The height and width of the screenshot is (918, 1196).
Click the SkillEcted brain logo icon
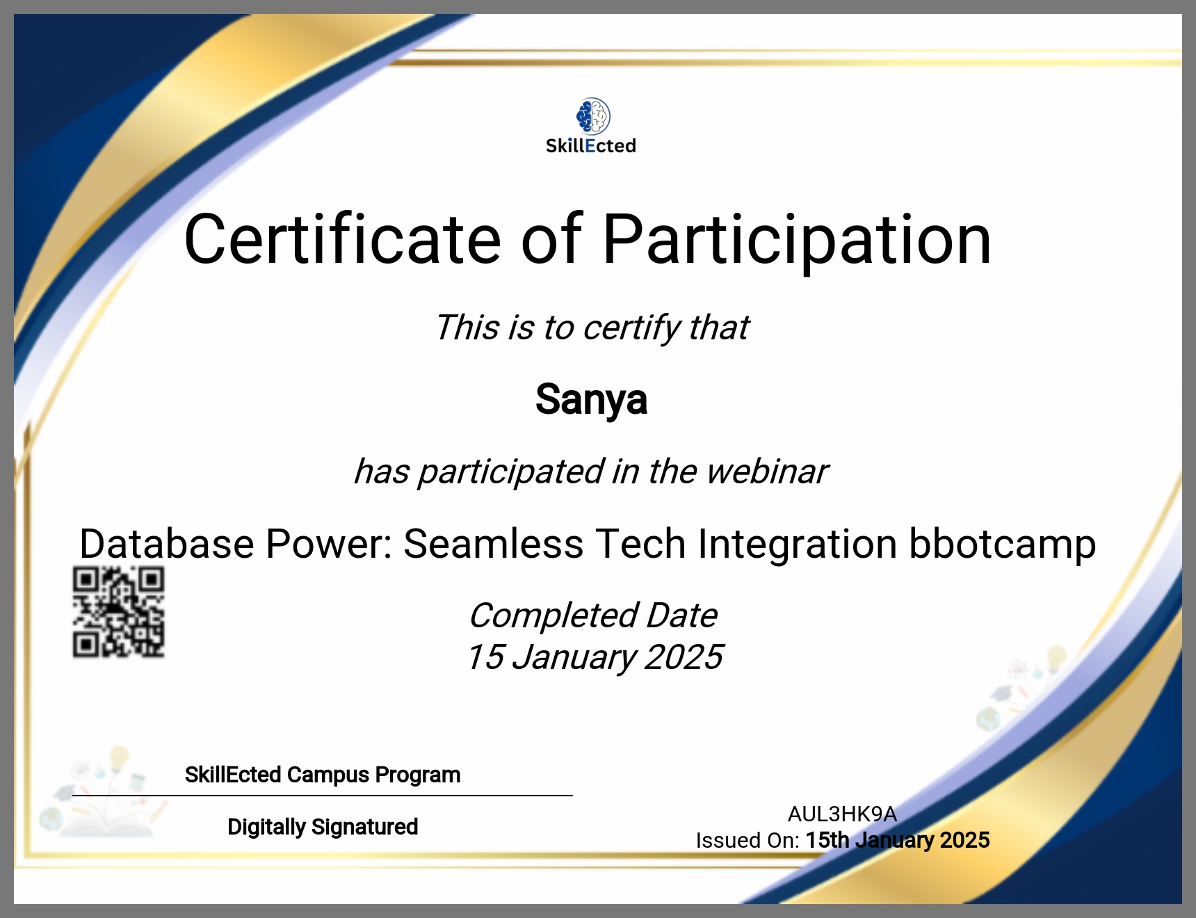(593, 116)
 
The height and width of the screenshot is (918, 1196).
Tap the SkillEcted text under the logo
(591, 146)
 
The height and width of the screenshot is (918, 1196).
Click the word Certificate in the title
(343, 239)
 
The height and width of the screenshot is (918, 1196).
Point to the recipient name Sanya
(591, 400)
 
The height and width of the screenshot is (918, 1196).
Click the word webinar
(767, 472)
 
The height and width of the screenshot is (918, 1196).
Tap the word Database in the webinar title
(167, 543)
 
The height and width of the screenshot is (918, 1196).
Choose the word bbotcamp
(1003, 545)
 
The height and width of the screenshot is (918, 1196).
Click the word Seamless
(494, 543)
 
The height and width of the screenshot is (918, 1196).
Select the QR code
(119, 612)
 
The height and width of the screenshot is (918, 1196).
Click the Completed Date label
(593, 615)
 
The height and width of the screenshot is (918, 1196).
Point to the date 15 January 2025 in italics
(595, 657)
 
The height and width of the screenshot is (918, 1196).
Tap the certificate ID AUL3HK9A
(842, 814)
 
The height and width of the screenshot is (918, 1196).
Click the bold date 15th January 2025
(898, 840)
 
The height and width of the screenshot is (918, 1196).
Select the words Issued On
(747, 840)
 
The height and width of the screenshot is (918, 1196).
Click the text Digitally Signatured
(323, 827)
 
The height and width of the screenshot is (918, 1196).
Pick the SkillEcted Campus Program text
(323, 775)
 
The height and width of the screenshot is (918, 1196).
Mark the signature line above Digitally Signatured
(323, 796)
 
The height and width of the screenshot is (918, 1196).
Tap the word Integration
(798, 545)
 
